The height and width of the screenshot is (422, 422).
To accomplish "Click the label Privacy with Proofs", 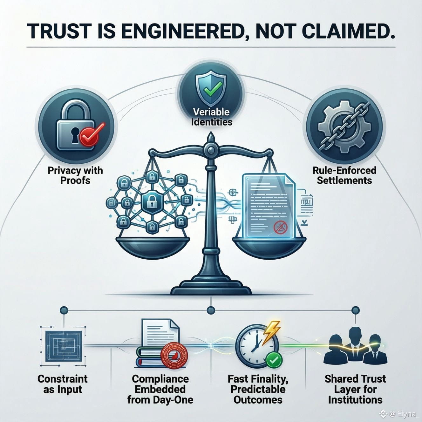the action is [75, 175].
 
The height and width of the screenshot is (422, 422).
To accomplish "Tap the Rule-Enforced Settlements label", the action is [344, 175].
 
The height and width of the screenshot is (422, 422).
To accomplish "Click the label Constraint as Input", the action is [62, 384].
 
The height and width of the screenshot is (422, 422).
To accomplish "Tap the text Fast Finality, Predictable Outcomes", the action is [258, 389].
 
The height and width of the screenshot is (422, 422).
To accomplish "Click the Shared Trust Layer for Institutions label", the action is [355, 389].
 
